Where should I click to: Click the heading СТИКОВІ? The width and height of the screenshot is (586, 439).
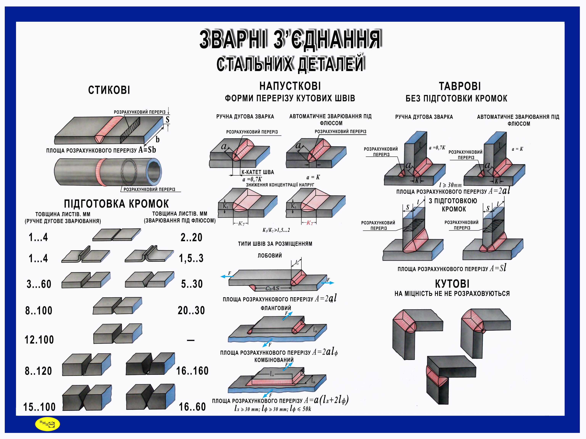tap(109, 90)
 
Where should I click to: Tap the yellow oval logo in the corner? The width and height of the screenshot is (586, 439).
tap(47, 424)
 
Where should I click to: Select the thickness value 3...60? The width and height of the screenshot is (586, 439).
tap(39, 284)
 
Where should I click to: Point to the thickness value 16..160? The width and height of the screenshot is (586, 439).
tap(192, 371)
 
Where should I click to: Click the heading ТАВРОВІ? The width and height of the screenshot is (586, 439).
tap(460, 86)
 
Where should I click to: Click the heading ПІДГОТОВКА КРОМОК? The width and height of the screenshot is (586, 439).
tap(116, 204)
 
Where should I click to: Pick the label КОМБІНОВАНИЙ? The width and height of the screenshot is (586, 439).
tap(274, 360)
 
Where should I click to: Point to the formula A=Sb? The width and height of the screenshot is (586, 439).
tap(147, 150)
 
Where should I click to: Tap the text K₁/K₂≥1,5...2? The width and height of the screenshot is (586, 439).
tap(276, 230)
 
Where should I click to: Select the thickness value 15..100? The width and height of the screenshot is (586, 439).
tap(39, 407)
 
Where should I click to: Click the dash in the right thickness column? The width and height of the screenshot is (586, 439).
tap(191, 340)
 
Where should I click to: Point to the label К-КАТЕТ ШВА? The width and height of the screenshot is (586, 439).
tap(258, 172)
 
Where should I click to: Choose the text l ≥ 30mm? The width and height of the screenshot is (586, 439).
tap(450, 185)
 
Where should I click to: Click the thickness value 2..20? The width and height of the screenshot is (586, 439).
tap(191, 237)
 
